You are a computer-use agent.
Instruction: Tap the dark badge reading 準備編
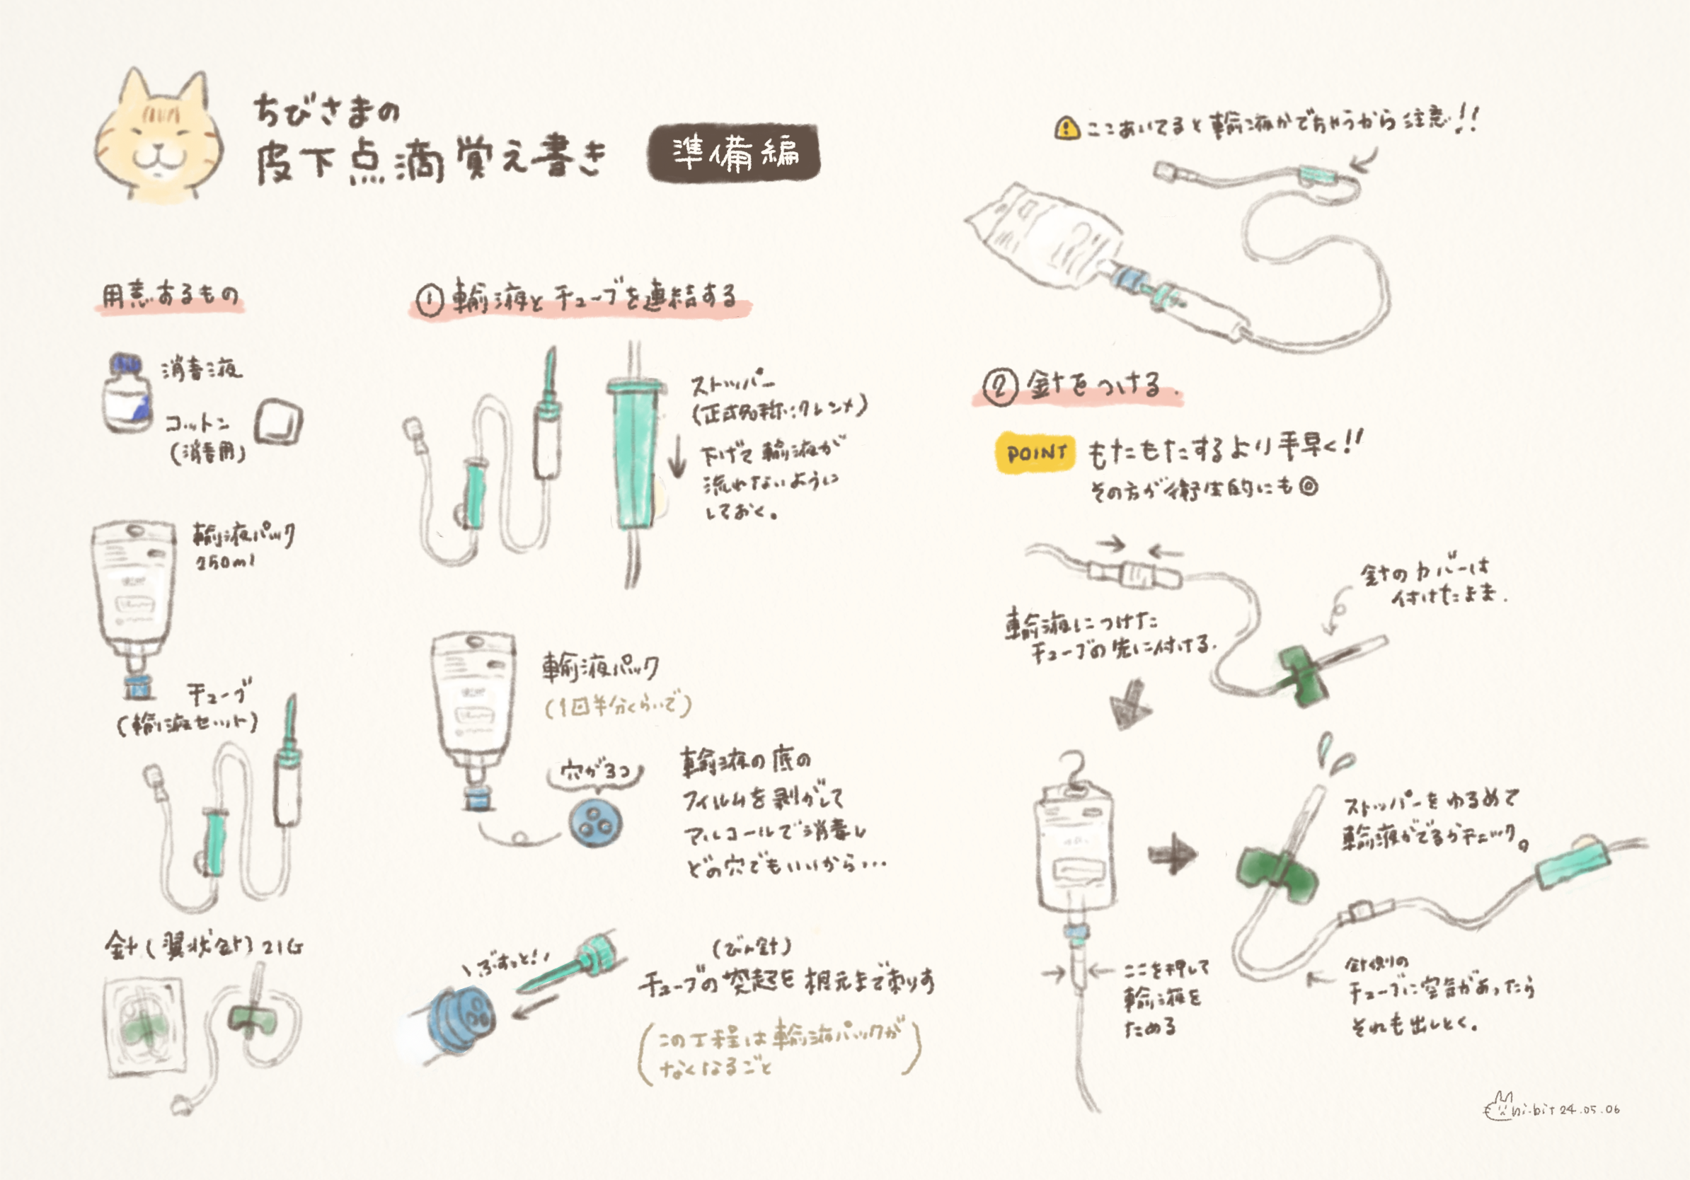[734, 153]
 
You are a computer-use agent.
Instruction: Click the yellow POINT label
[1035, 453]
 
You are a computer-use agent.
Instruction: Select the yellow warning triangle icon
[1067, 129]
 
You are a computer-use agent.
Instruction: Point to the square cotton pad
[278, 423]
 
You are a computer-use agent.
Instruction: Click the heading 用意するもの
[170, 296]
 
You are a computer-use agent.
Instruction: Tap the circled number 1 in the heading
[430, 300]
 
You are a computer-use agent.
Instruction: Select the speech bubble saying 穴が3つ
[596, 772]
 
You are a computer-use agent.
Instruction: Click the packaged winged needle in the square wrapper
[144, 1026]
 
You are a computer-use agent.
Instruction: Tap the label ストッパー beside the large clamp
[732, 385]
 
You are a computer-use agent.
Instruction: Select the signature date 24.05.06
[1590, 1109]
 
